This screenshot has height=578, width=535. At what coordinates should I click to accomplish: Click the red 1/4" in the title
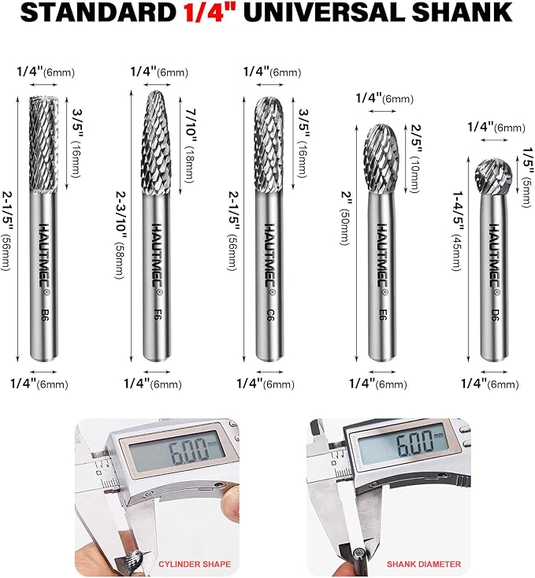(x=209, y=12)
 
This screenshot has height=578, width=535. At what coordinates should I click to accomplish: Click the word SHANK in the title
(x=462, y=12)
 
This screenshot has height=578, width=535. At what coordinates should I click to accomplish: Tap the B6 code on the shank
(x=45, y=314)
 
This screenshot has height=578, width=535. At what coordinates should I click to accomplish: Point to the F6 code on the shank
(x=157, y=314)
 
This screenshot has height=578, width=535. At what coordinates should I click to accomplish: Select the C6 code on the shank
(x=270, y=314)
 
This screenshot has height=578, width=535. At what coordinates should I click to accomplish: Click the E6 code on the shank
(x=383, y=314)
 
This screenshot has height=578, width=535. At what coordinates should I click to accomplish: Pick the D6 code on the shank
(x=495, y=314)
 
